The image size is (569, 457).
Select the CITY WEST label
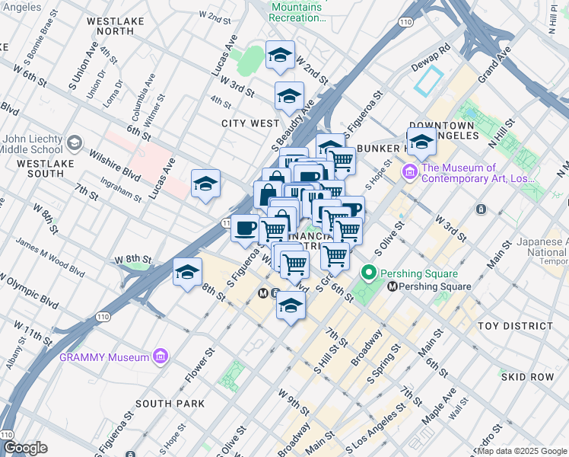pyautogui.click(x=250, y=123)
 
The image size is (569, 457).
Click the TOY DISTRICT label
pyautogui.click(x=515, y=326)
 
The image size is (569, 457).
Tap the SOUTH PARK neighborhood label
pyautogui.click(x=170, y=403)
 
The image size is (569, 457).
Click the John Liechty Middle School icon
pyautogui.click(x=75, y=143)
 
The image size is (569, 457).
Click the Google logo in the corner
pyautogui.click(x=25, y=448)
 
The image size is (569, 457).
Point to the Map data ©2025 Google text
pyautogui.click(x=521, y=451)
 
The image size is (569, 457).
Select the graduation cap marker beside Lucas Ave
pyautogui.click(x=205, y=184)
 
